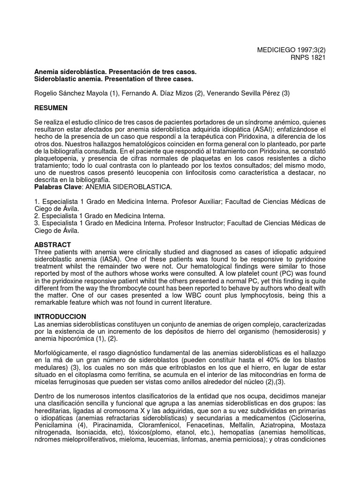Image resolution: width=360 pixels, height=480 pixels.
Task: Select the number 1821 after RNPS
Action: click(317, 57)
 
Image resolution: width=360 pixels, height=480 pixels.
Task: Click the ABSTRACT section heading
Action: click(52, 245)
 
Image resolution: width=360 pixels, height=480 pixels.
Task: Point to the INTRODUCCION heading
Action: click(60, 317)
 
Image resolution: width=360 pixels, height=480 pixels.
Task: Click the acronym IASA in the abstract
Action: click(113, 259)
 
